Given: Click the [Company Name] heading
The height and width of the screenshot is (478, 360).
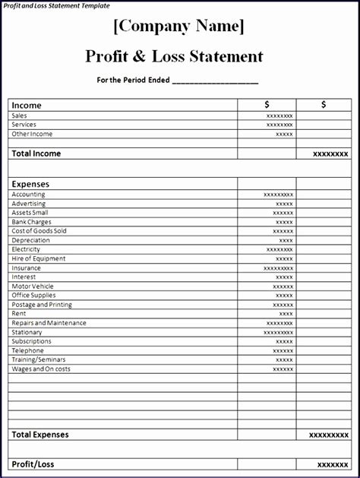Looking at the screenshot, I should click(179, 27).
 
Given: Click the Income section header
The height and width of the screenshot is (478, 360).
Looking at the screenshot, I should click(27, 106).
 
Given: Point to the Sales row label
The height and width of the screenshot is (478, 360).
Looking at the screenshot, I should click(19, 116).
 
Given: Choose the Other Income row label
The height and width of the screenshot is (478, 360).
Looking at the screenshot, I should click(32, 134).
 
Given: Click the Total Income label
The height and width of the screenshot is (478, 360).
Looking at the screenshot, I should click(36, 154).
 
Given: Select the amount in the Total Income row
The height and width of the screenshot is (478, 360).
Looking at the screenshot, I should click(330, 154).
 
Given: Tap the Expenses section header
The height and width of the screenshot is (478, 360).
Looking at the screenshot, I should click(30, 184).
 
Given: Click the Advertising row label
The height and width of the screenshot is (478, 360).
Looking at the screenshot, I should click(28, 204).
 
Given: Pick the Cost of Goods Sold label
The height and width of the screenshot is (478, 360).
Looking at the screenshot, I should click(39, 231).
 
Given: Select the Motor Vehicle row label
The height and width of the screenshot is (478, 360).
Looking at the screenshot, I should click(33, 286).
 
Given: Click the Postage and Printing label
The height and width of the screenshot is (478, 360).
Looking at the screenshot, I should click(42, 305).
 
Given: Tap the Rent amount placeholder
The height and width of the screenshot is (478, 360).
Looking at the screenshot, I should click(286, 314).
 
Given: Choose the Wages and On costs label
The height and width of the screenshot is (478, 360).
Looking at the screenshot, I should click(41, 369).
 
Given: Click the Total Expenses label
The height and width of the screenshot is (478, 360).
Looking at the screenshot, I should click(39, 435).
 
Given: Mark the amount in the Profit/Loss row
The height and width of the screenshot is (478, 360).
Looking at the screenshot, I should click(333, 464).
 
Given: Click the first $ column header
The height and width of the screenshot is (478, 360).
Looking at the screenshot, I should click(267, 105).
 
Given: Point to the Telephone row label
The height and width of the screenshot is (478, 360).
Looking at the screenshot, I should click(27, 350).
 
